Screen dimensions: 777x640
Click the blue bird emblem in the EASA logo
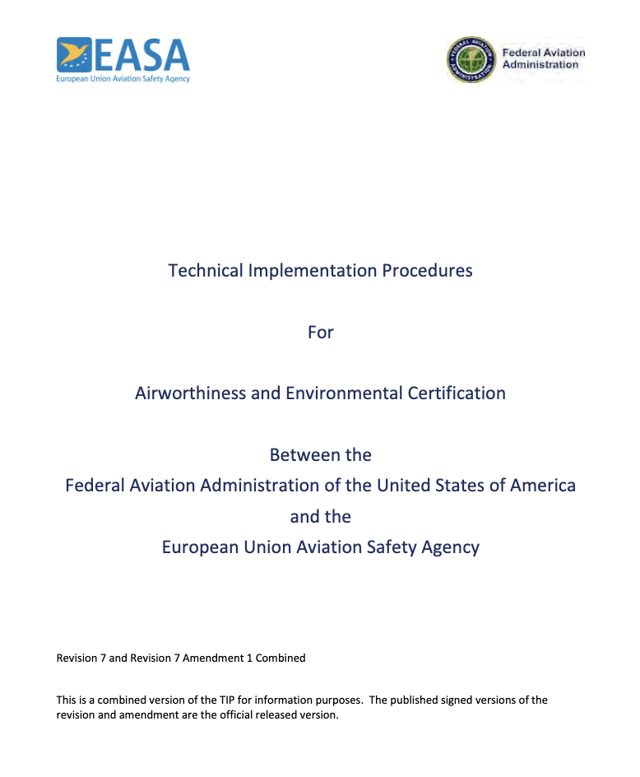(74, 54)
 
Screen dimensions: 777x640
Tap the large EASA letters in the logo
(141, 54)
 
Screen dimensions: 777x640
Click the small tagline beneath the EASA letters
(123, 79)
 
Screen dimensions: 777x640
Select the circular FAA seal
(471, 59)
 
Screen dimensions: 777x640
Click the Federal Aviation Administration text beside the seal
(543, 58)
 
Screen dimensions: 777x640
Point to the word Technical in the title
(206, 270)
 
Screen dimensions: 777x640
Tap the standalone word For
(320, 332)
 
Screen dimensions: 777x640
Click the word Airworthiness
(190, 393)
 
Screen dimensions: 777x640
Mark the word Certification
(457, 393)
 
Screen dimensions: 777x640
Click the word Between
(301, 455)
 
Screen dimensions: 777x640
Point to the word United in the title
(401, 486)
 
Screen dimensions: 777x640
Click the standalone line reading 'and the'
(320, 517)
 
